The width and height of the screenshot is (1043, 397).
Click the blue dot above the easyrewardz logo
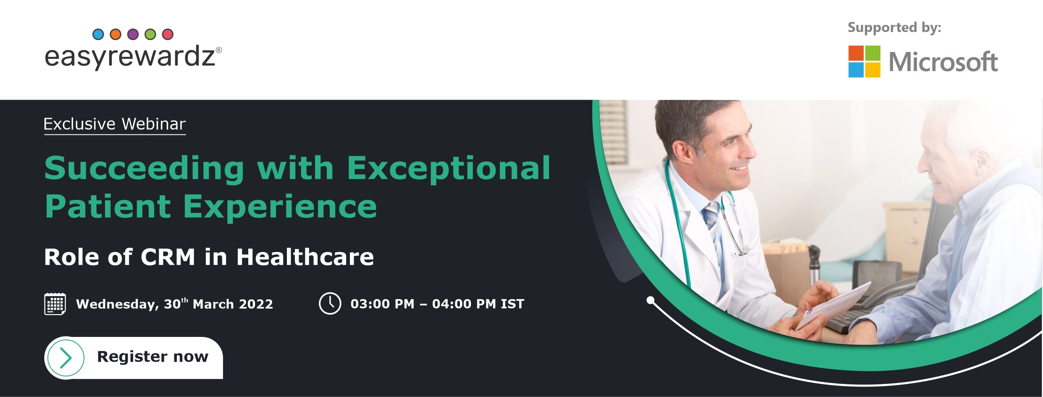coord(98,34)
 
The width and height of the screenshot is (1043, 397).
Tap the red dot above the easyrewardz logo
coord(168,34)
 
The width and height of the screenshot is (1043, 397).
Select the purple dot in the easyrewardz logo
coord(133,34)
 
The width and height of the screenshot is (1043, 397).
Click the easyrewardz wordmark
coord(133,57)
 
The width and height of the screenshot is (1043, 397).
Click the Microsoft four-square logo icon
coord(864,61)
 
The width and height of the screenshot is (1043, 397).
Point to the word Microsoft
coord(943,62)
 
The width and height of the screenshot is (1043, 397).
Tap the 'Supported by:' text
coord(894,28)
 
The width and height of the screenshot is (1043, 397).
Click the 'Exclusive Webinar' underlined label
coord(115,124)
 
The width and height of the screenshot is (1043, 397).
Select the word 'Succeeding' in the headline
coord(144,169)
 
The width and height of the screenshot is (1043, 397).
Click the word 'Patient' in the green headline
coord(108,206)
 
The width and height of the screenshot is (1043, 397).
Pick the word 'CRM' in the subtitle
coord(168,257)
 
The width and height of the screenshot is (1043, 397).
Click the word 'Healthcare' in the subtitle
coord(305,257)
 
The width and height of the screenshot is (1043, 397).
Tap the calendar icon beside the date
coord(55,304)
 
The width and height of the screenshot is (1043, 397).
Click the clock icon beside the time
coord(330,303)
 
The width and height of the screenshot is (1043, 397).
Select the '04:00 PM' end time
coord(464,304)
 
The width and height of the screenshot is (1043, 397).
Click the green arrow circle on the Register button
coord(66,358)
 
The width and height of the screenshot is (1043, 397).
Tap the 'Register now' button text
coord(152,357)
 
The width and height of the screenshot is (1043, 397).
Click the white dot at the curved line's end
coord(651,300)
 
